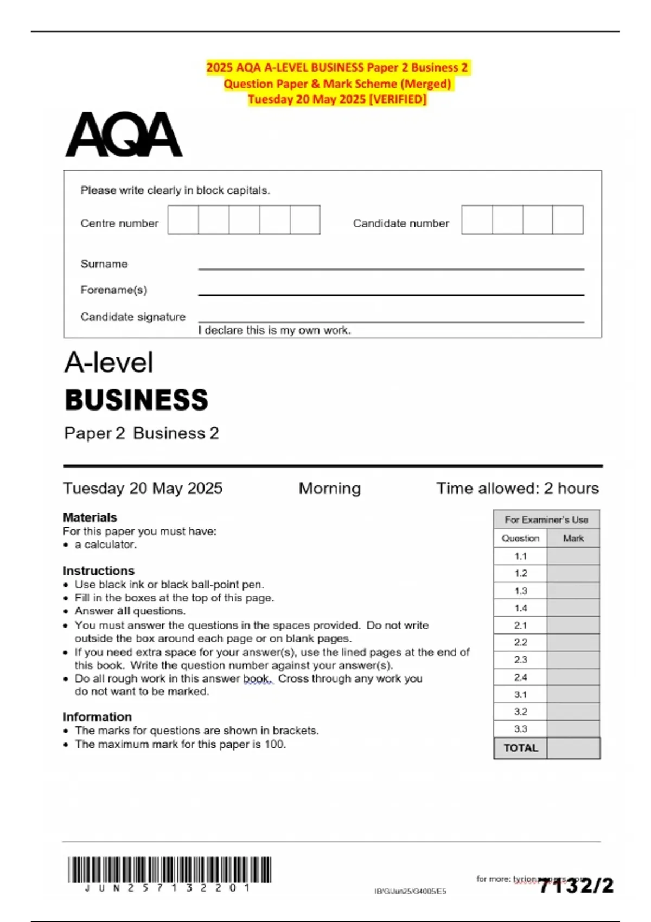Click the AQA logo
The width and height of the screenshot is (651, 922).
[124, 135]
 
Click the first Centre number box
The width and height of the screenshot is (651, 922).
[183, 220]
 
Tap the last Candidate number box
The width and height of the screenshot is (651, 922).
[567, 220]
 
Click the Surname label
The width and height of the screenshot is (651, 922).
[104, 264]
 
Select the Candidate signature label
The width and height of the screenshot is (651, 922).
[133, 317]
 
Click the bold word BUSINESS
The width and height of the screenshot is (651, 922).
[136, 400]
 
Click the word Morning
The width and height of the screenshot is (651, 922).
[329, 488]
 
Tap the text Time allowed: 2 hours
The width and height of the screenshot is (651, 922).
[518, 488]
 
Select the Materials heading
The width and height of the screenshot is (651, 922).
[90, 517]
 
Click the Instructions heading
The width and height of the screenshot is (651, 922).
[98, 571]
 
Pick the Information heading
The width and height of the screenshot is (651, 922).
[97, 716]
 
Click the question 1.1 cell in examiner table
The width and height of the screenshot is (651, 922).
[520, 556]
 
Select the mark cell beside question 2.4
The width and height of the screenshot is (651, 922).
[573, 677]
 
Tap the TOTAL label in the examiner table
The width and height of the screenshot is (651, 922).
[520, 748]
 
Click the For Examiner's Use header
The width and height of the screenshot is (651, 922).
[546, 520]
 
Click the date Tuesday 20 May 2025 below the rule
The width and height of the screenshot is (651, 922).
[143, 488]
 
